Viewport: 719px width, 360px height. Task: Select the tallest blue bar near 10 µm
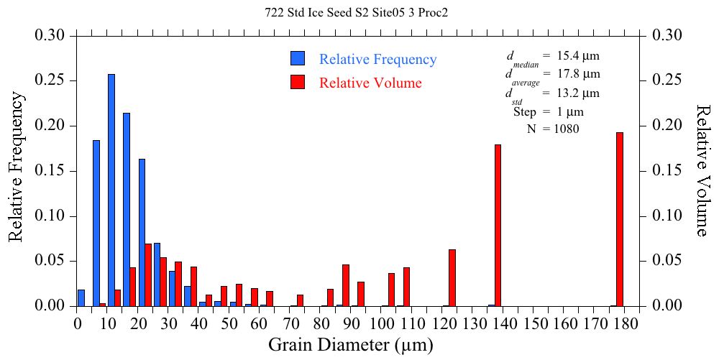pos(111,190)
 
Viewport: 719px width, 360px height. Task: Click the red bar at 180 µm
pos(620,219)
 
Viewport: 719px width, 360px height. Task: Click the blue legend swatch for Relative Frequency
pos(298,59)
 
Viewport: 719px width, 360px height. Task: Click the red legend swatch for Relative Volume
pos(298,83)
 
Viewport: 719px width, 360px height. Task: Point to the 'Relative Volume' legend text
pos(370,83)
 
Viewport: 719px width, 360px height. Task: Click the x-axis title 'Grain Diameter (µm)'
pos(351,345)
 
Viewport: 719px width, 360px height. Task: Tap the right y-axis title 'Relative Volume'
pos(703,170)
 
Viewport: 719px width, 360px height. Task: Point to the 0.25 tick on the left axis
pos(52,80)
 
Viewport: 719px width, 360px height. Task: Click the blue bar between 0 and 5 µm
pos(81,297)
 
